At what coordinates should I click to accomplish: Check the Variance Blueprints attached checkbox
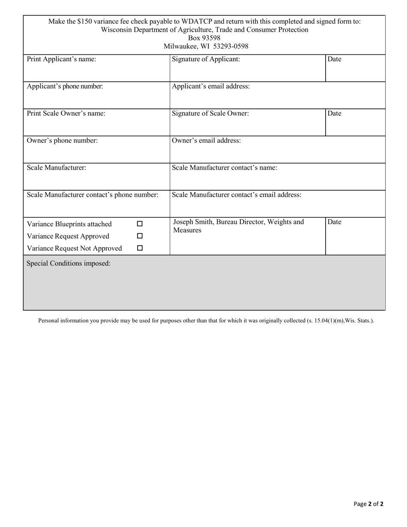pyautogui.click(x=140, y=224)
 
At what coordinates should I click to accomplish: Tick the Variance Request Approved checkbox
pyautogui.click(x=140, y=236)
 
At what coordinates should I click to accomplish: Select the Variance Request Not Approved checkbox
pyautogui.click(x=140, y=248)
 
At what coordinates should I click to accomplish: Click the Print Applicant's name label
pyautogui.click(x=61, y=60)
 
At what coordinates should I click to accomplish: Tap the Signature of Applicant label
pyautogui.click(x=206, y=60)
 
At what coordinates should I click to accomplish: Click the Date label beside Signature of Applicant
pyautogui.click(x=334, y=60)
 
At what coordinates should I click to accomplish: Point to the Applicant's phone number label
pyautogui.click(x=65, y=86)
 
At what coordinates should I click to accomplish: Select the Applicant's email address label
pyautogui.click(x=211, y=86)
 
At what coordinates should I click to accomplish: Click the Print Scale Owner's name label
pyautogui.click(x=66, y=114)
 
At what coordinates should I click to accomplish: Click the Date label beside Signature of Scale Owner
pyautogui.click(x=334, y=114)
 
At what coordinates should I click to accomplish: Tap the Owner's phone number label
pyautogui.click(x=62, y=141)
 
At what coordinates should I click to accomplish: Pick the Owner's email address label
pyautogui.click(x=206, y=141)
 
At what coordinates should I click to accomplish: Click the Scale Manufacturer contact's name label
pyautogui.click(x=224, y=168)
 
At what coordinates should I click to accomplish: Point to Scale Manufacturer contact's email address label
pyautogui.click(x=236, y=195)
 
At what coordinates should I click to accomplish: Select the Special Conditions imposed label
pyautogui.click(x=69, y=263)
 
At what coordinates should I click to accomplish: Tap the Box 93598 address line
pyautogui.click(x=204, y=38)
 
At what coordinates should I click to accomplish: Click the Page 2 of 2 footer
pyautogui.click(x=368, y=504)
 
